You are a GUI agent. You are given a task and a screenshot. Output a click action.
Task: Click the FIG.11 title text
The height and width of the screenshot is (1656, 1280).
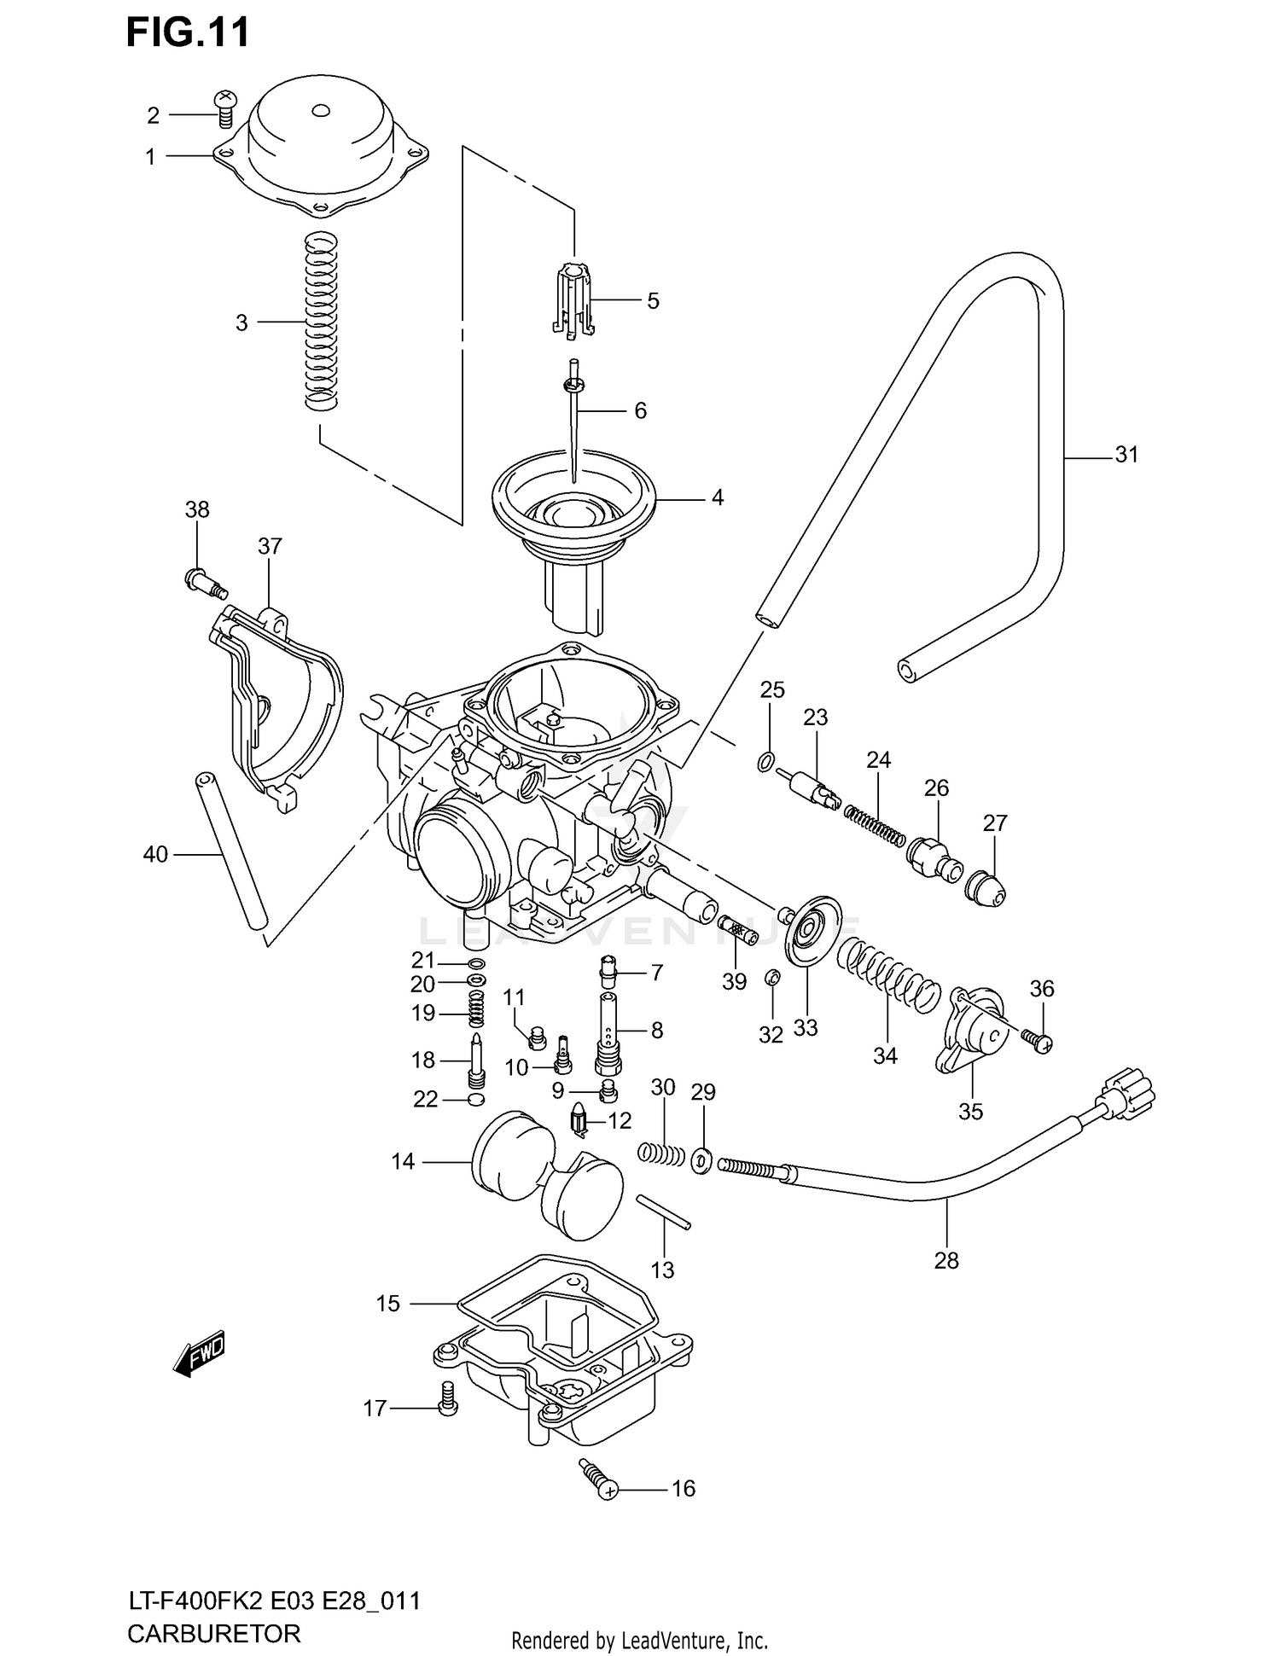(188, 32)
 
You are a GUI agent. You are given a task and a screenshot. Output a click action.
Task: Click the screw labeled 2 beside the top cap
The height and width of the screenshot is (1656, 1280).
(225, 108)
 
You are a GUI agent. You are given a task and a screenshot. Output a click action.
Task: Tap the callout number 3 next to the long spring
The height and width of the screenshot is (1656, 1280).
(241, 323)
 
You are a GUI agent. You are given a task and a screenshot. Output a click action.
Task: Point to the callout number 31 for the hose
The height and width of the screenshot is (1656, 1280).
(1126, 456)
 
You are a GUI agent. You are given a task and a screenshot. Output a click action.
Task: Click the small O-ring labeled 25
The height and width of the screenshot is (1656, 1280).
(766, 762)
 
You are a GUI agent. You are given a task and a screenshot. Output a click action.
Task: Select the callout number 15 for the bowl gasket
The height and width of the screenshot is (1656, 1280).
(387, 1304)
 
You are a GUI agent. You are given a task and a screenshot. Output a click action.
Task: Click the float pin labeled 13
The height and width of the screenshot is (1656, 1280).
(664, 1212)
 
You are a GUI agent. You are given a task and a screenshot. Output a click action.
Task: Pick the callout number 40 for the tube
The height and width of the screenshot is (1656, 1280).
(155, 854)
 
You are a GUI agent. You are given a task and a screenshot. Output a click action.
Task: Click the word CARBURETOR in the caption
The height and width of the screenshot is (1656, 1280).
(213, 1634)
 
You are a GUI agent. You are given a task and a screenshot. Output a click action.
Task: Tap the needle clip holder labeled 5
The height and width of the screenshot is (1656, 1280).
(572, 300)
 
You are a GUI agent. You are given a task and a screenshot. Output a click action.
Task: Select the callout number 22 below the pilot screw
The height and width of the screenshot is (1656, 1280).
(425, 1100)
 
